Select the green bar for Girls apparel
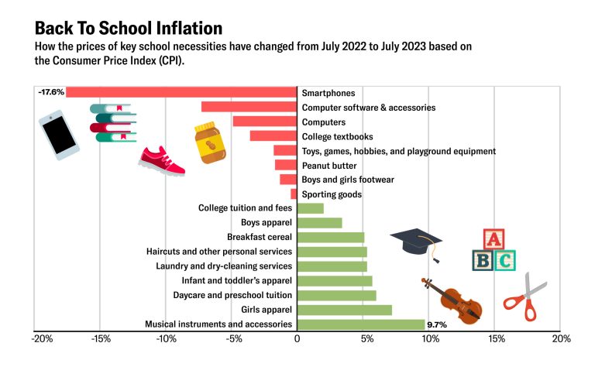pos(344,310)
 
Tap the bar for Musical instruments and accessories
pos(361,324)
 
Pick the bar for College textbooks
pos(273,136)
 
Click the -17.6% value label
pos(50,92)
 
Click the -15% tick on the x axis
pos(100,339)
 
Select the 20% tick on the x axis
pos(561,339)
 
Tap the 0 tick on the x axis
pos(297,339)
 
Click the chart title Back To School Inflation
pos(129,29)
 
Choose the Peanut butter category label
pos(330,165)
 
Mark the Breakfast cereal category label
pos(259,237)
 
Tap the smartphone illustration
pos(59,135)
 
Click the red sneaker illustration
pos(162,159)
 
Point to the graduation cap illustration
pos(415,244)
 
